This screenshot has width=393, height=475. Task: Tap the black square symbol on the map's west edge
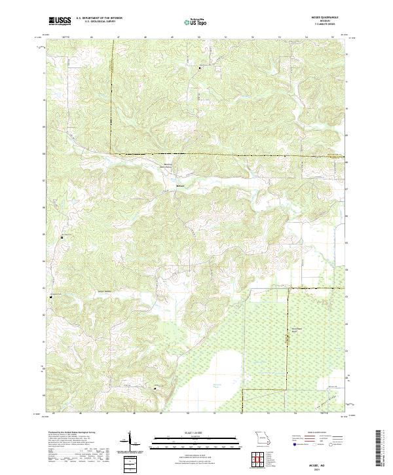pyautogui.click(x=63, y=237)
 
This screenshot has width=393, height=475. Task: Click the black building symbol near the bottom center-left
pyautogui.click(x=155, y=389)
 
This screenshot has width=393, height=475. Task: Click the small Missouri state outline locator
pyautogui.click(x=261, y=438)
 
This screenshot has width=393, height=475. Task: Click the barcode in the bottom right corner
pyautogui.click(x=383, y=449)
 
